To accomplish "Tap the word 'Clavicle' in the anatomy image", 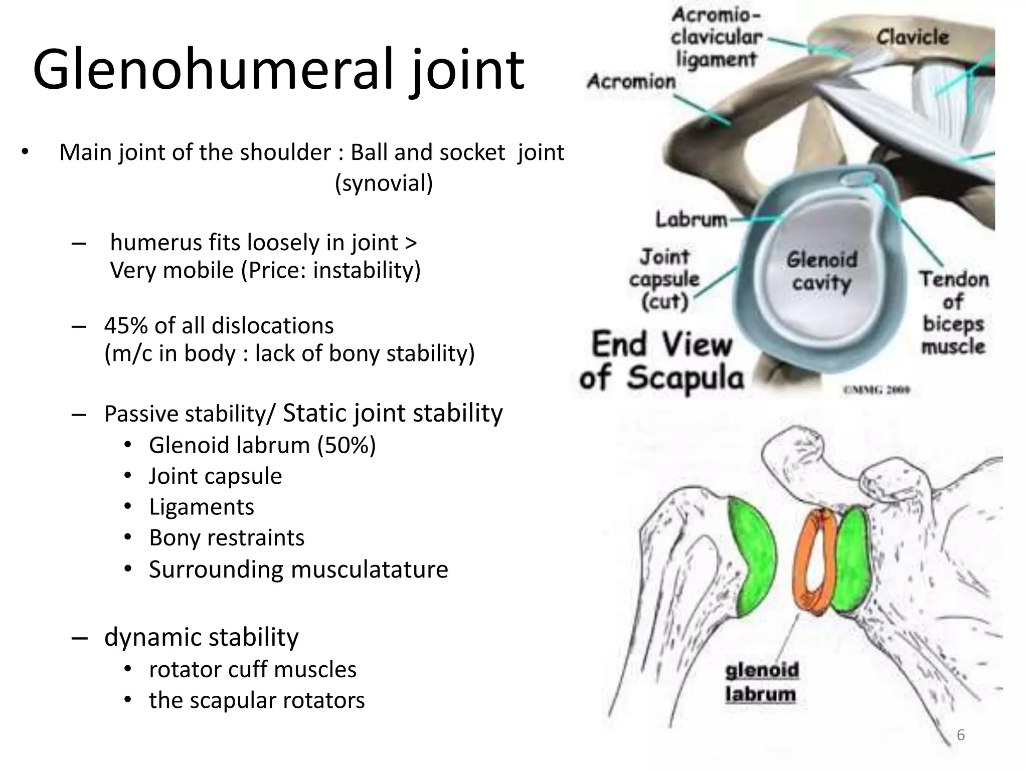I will click(x=912, y=37).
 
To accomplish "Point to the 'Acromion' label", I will click(x=631, y=81).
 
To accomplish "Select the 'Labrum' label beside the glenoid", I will click(x=691, y=220).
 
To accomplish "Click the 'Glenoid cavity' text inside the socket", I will click(x=822, y=271).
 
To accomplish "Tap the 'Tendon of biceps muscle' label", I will click(x=953, y=313).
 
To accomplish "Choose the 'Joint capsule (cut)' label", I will click(x=664, y=279).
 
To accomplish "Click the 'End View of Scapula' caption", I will click(x=662, y=360).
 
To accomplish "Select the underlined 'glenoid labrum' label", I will click(x=761, y=682).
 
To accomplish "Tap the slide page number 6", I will click(x=961, y=734).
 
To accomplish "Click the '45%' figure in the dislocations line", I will click(x=125, y=326).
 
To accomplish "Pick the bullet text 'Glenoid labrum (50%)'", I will click(x=262, y=445).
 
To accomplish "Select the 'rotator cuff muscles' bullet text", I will click(x=253, y=669).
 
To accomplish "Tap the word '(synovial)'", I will click(x=384, y=183).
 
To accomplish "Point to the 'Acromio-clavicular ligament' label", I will click(x=716, y=37).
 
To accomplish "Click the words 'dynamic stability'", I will click(x=202, y=637).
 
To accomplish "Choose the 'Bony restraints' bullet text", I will click(x=227, y=538).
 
